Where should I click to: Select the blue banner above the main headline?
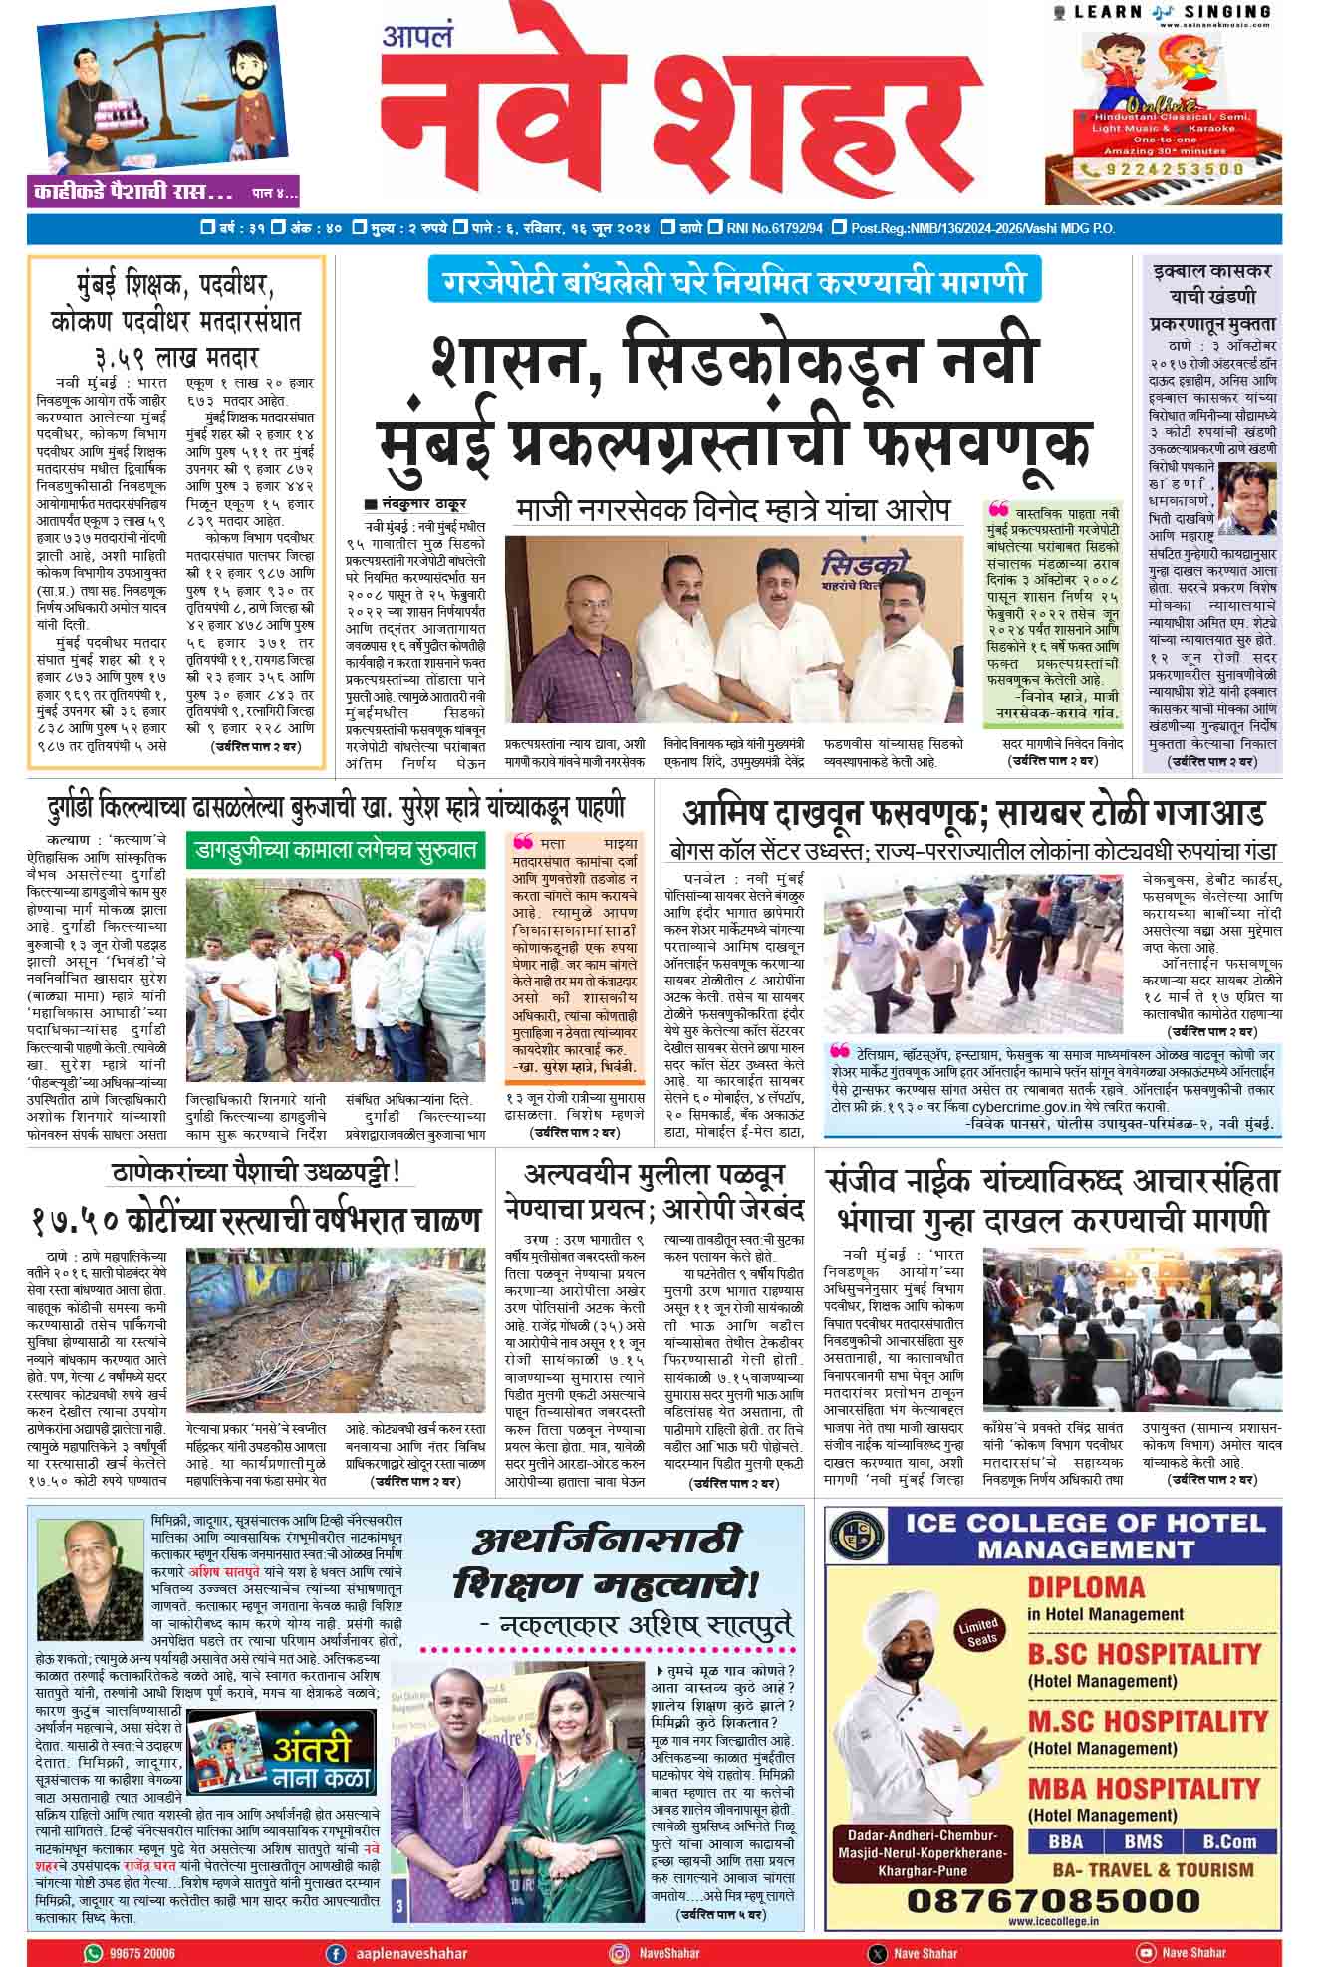click(734, 281)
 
